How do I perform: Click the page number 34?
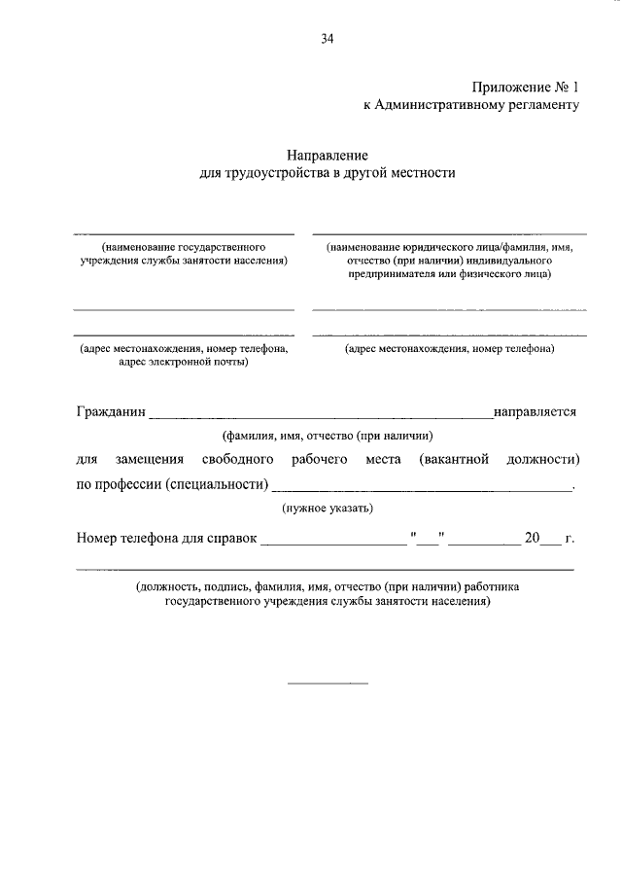click(327, 39)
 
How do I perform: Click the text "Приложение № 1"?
click(526, 88)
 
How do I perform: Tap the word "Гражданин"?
click(111, 411)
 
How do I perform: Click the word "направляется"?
click(536, 411)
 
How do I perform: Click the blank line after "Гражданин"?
click(321, 415)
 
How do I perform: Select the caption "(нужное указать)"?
click(327, 509)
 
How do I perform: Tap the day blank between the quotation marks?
click(428, 543)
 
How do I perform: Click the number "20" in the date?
click(532, 538)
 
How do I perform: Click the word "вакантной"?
click(454, 459)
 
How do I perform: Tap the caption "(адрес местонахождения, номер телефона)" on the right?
click(449, 348)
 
